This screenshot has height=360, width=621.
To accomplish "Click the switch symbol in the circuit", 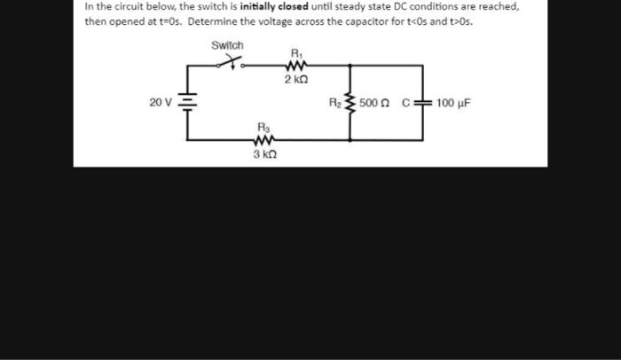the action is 231,62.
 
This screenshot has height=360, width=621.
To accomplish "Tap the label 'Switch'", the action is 227,44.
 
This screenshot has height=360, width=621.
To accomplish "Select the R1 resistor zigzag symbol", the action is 295,65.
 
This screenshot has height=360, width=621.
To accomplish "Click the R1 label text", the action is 295,51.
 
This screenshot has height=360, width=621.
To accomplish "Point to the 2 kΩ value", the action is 296,80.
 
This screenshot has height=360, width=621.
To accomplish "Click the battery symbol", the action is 186,102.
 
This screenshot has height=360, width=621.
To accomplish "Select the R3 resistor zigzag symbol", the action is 263,140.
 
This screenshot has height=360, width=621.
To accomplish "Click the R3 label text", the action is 263,127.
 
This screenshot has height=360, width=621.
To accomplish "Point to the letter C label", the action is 405,103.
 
